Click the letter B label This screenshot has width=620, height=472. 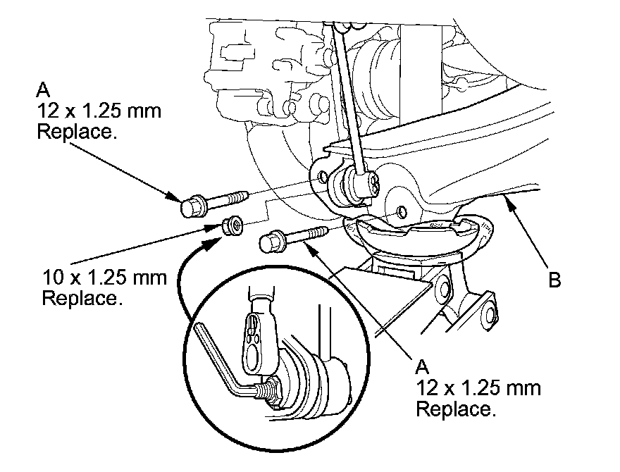pos(554,280)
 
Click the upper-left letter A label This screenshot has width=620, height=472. pos(43,89)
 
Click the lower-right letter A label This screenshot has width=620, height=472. pos(422,367)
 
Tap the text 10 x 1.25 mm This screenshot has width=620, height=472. pos(105,278)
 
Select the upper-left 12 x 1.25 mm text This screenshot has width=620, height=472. pos(99,111)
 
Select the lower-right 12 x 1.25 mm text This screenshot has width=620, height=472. pos(478,389)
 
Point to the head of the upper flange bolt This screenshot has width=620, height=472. pos(192,206)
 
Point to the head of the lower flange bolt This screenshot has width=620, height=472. pos(272,242)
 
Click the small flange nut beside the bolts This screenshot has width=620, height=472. pos(232,226)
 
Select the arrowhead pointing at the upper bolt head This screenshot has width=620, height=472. pos(173,197)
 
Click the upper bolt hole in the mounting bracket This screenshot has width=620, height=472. pos(323,176)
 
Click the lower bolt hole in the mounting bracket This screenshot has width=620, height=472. pos(402,211)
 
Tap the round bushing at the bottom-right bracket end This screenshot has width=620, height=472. pos(490,313)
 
